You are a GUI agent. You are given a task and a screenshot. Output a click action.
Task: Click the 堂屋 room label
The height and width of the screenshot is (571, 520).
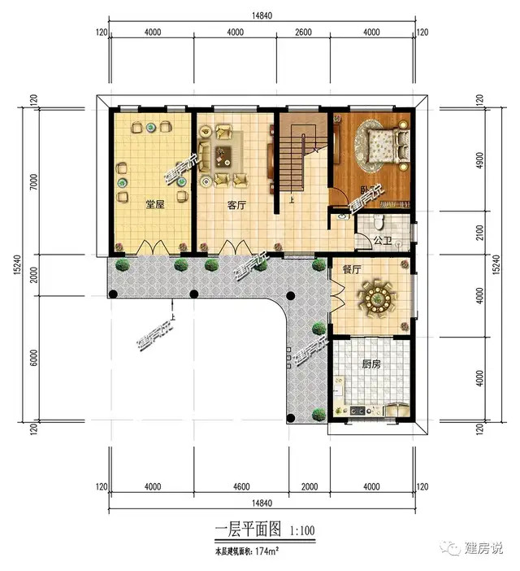(x=155, y=205)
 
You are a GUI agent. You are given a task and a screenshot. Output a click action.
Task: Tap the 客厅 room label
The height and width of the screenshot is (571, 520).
(x=237, y=205)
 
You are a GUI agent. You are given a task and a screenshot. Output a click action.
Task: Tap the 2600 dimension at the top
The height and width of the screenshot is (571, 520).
(x=302, y=33)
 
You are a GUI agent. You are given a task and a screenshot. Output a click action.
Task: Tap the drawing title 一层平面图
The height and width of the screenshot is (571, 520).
(x=248, y=530)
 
